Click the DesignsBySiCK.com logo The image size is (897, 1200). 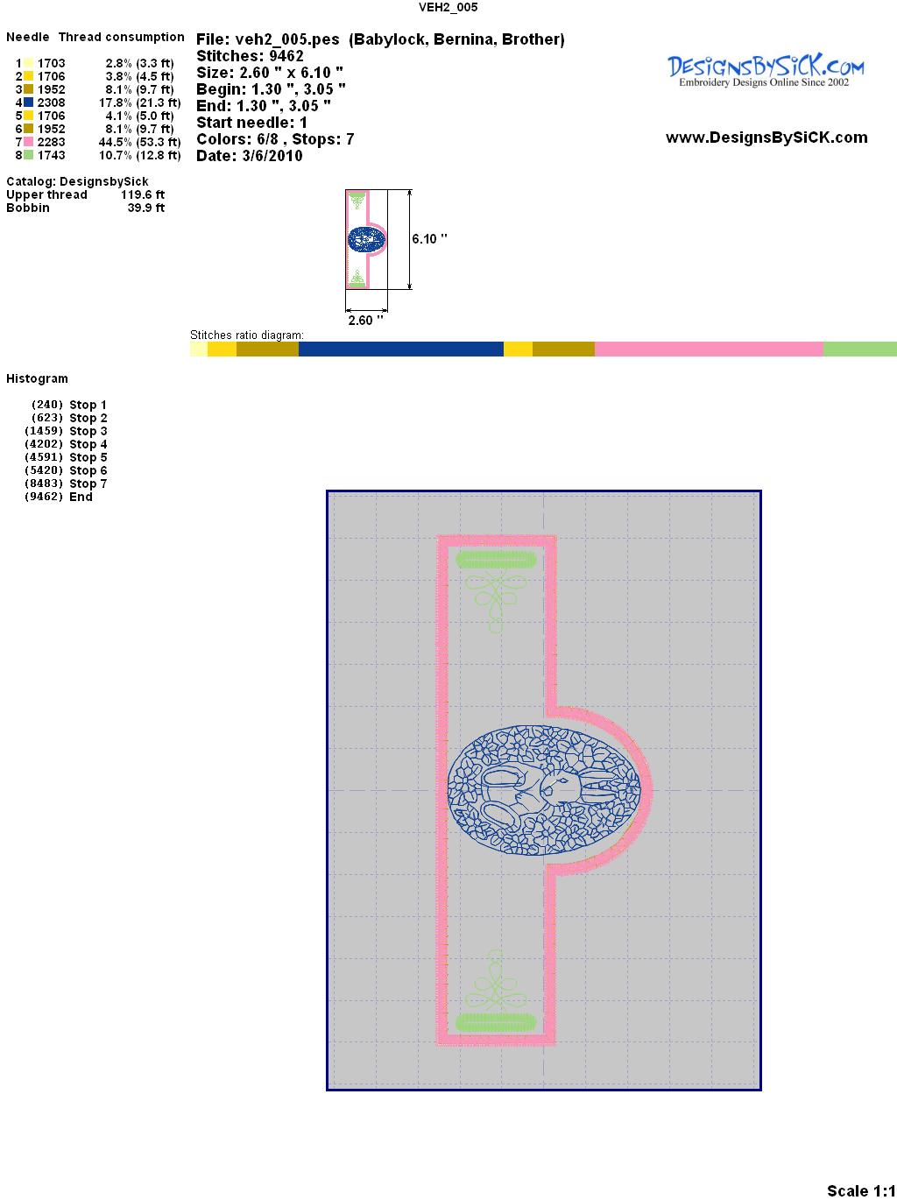pyautogui.click(x=766, y=71)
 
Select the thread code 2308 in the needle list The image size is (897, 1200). pyautogui.click(x=51, y=102)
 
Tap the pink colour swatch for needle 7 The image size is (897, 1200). pyautogui.click(x=28, y=142)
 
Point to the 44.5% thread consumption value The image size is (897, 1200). pyautogui.click(x=116, y=142)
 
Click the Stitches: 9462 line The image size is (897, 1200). pyautogui.click(x=250, y=56)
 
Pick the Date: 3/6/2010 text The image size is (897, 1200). pyautogui.click(x=250, y=156)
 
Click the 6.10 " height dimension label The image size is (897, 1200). pyautogui.click(x=429, y=239)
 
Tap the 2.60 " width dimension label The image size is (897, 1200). pyautogui.click(x=365, y=320)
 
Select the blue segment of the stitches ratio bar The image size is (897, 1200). pyautogui.click(x=400, y=349)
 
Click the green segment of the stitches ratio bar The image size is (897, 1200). pyautogui.click(x=860, y=349)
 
